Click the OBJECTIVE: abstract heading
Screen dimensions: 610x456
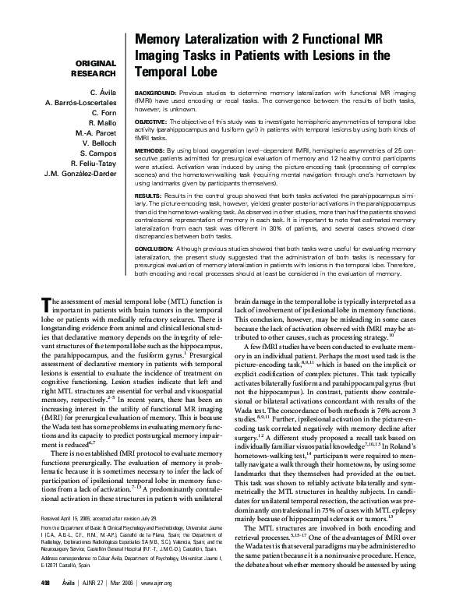tap(154, 123)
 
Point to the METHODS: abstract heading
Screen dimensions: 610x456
tap(153, 147)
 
